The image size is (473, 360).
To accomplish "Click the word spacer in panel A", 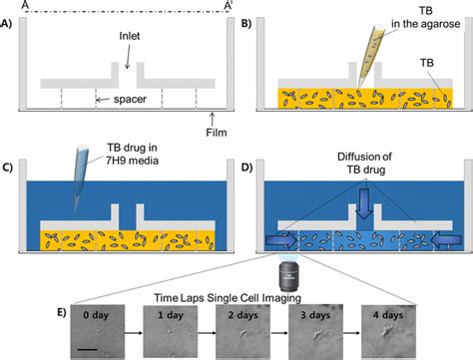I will click(x=119, y=99).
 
